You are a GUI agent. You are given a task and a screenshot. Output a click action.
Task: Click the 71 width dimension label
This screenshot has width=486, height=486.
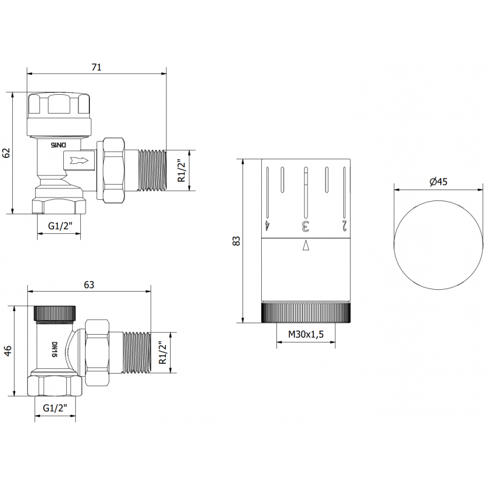pos(97,67)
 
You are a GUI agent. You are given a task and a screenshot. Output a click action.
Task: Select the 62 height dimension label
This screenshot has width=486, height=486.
pos(7,152)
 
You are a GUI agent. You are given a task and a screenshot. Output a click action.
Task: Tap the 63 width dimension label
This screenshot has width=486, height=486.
pos(89,284)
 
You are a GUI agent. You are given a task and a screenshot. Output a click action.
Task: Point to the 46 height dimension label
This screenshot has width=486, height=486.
pos(7,352)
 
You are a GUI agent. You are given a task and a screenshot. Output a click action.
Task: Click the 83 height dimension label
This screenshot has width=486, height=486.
pos(237,241)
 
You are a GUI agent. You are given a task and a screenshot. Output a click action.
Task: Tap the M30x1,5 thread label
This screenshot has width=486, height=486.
pos(306,334)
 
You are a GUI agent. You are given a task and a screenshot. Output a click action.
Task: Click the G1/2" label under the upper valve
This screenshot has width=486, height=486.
pos(60,227)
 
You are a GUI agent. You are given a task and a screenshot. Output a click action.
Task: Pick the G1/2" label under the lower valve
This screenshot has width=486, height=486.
pos(55,409)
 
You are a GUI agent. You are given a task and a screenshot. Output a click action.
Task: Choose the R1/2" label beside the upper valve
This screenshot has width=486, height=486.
pos(179,171)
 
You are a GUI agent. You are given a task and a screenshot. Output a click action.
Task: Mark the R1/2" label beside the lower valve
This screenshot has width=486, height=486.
pos(162,352)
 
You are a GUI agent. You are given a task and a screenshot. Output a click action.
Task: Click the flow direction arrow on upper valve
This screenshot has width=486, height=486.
pos(80,161)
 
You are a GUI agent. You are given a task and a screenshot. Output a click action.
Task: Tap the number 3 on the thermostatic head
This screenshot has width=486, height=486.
pos(306,227)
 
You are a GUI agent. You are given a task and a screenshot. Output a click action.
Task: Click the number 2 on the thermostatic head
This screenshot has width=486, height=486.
pos(344,226)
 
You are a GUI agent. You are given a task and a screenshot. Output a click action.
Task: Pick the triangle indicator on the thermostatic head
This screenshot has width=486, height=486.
pos(306,245)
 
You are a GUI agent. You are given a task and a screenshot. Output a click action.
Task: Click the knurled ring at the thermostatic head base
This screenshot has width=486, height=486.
pos(306,313)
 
